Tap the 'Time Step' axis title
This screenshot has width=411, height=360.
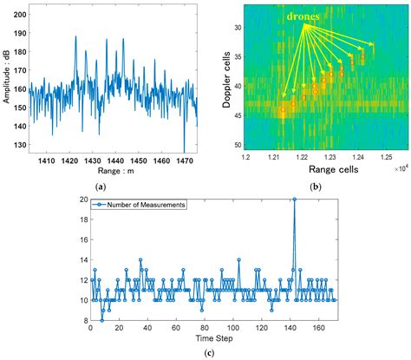tap(206, 335)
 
